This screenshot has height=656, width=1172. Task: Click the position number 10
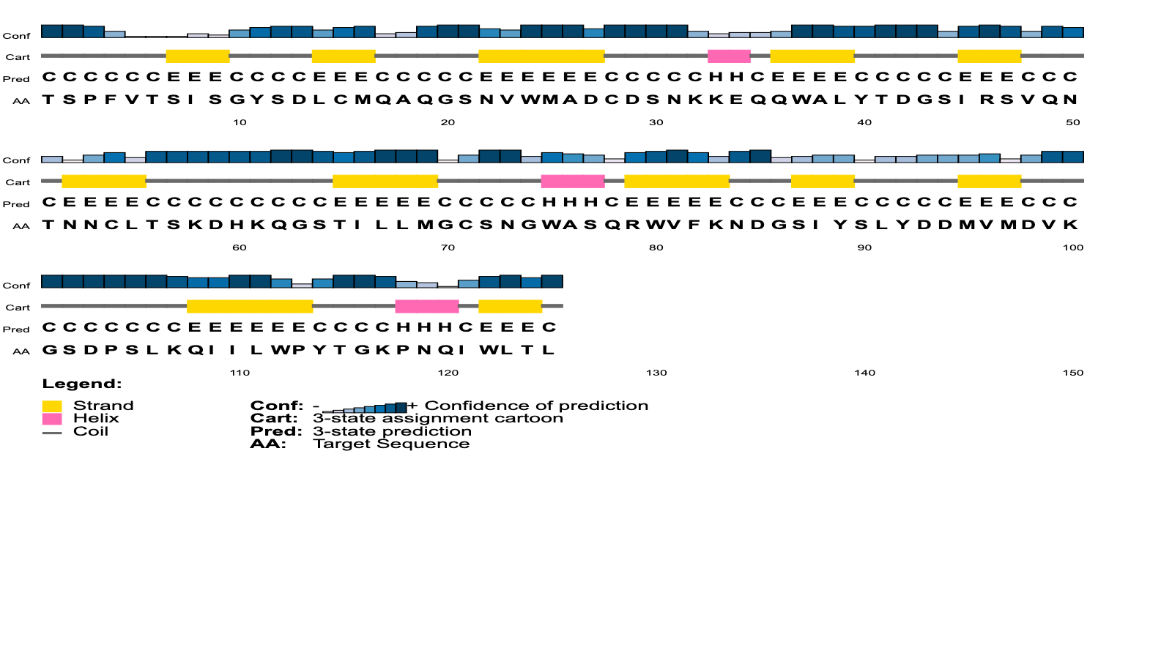point(240,122)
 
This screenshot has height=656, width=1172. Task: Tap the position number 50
point(1072,122)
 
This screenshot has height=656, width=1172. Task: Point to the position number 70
point(448,247)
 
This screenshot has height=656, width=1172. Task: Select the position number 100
point(1072,247)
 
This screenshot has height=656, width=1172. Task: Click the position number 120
point(448,373)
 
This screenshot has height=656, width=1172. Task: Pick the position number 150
point(1072,373)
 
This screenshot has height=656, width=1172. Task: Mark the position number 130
point(656,373)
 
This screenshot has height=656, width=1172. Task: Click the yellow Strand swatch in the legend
point(52,406)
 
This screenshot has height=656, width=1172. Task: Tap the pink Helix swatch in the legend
point(52,419)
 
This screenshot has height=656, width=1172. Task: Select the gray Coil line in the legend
point(52,433)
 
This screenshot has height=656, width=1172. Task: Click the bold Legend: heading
point(81,384)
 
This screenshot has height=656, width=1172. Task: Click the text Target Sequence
point(391,444)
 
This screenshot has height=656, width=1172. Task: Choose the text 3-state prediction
point(393,431)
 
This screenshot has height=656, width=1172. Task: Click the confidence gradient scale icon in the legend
point(365,407)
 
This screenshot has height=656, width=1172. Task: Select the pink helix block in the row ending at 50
point(729,56)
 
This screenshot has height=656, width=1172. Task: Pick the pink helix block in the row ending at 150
point(427,307)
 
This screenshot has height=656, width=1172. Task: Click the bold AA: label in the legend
point(268,444)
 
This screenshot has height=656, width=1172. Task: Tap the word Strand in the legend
point(103,406)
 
